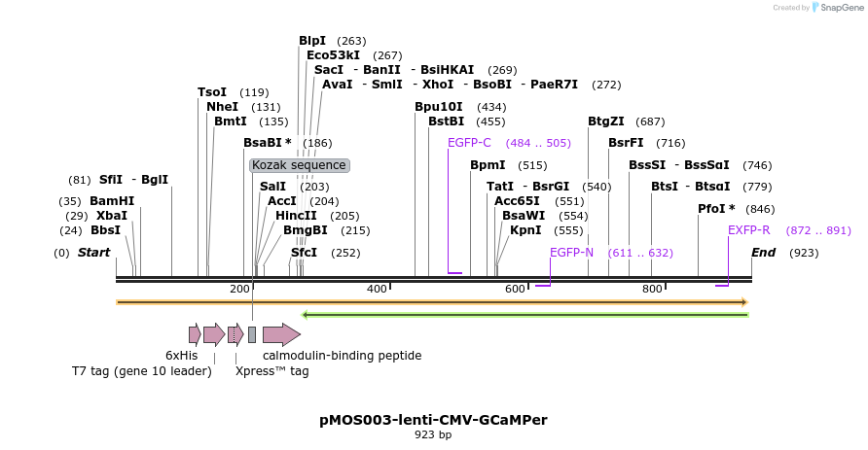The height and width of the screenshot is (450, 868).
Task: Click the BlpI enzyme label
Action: click(x=312, y=41)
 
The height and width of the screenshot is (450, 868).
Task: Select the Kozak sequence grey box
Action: click(x=299, y=165)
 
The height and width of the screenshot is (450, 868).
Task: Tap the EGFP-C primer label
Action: click(x=469, y=143)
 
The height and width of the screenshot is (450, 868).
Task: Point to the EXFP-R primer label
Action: click(x=749, y=230)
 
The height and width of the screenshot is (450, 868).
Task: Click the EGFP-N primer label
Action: click(x=571, y=253)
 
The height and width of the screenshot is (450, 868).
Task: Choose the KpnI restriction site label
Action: click(x=525, y=230)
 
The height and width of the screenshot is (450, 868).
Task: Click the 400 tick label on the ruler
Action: click(x=377, y=289)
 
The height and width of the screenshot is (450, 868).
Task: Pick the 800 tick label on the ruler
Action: click(x=652, y=289)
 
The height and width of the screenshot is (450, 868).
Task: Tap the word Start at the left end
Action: click(x=94, y=253)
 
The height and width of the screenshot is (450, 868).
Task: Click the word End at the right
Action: click(x=764, y=253)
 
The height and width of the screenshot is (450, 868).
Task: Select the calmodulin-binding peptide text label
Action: click(x=342, y=356)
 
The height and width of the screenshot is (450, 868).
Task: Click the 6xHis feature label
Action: click(x=182, y=356)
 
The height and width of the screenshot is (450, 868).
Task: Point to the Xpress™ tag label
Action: click(x=271, y=371)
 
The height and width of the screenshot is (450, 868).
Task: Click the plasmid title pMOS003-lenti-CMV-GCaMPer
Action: click(x=433, y=420)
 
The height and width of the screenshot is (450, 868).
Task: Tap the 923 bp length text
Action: click(x=433, y=435)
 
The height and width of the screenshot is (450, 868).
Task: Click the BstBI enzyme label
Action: click(x=446, y=121)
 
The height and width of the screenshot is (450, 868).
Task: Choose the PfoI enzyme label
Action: click(x=716, y=209)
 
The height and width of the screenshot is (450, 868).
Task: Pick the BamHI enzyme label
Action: click(x=112, y=201)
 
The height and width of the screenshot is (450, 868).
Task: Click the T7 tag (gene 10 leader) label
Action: click(x=141, y=371)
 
